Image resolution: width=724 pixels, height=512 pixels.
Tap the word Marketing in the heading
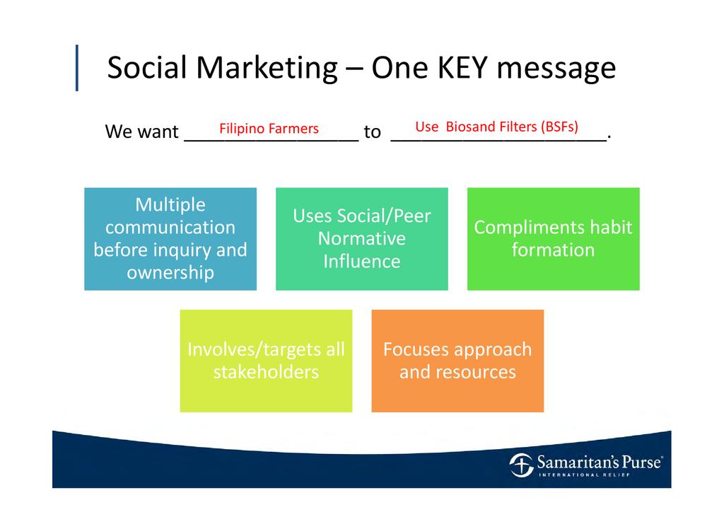(267, 69)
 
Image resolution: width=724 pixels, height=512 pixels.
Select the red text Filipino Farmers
(269, 128)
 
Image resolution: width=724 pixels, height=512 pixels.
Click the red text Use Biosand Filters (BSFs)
(496, 127)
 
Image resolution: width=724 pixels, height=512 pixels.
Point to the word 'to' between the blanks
(372, 132)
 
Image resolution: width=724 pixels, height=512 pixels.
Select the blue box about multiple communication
(170, 239)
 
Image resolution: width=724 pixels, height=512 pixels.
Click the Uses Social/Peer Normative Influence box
(361, 239)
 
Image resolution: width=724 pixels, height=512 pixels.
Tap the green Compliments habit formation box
(553, 239)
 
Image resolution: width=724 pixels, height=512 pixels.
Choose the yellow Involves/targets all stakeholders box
(266, 361)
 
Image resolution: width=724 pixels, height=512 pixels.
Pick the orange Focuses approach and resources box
(457, 361)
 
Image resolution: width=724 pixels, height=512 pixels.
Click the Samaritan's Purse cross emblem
(521, 465)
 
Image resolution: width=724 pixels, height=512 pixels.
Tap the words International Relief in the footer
(585, 475)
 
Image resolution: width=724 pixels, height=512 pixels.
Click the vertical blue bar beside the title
(76, 68)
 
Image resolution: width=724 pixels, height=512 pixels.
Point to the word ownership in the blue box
(170, 273)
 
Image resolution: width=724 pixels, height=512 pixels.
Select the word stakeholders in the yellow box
(266, 372)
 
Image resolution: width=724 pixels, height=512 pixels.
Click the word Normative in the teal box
(361, 239)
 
